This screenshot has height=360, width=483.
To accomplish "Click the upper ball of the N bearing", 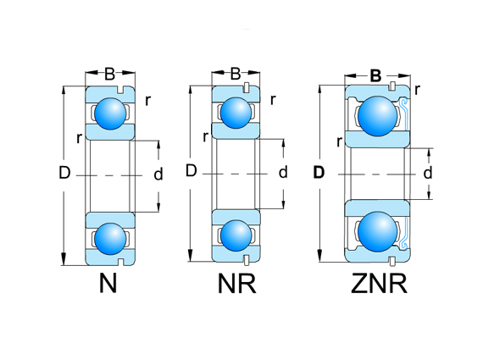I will pos(108,113).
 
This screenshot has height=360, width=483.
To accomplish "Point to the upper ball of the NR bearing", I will pos(236,112).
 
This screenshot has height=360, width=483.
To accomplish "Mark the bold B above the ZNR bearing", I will pos(375,75).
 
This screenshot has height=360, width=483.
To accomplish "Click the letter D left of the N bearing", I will pos(64,174).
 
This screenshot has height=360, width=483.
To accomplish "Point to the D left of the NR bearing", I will pos(191,172).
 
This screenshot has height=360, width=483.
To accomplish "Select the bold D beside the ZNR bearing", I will pos(319,173).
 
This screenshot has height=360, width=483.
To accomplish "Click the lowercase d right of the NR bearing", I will pos(283,173).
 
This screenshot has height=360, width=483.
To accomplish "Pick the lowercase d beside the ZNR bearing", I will pos(428,173).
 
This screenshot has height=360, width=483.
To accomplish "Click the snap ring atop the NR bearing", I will pos(246,87).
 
